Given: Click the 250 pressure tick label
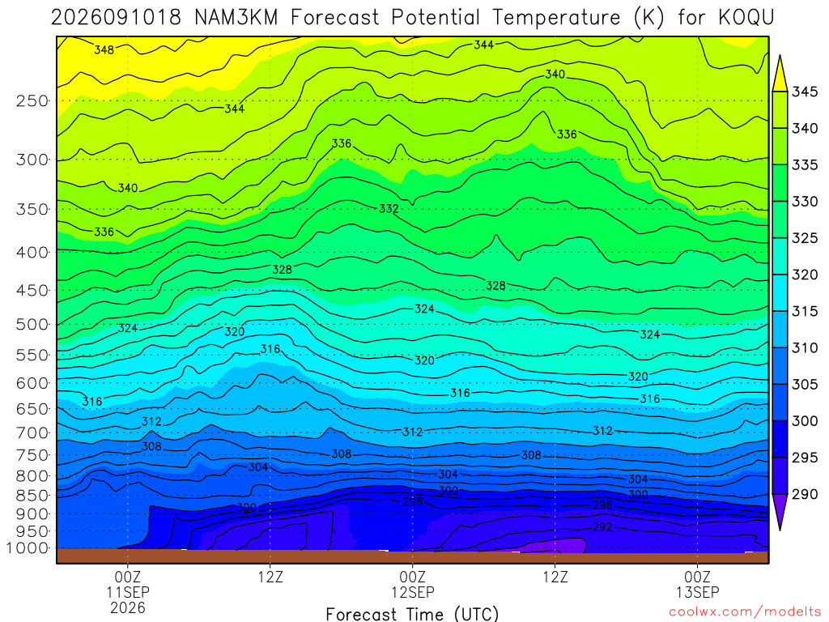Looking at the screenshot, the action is click(32, 100).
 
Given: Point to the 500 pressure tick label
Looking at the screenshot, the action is click(32, 324).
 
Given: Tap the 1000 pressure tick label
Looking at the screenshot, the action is click(28, 548).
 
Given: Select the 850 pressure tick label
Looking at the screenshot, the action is click(32, 496).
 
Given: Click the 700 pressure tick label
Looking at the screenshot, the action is click(32, 432).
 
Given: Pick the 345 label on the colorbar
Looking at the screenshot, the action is click(805, 92).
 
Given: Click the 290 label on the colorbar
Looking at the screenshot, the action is click(805, 494).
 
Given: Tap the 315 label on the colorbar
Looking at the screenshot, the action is click(805, 311).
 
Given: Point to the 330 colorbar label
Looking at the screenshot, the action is click(805, 202).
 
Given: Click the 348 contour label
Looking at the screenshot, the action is click(104, 49).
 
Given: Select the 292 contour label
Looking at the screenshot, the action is click(602, 526).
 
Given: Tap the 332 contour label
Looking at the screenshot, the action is click(389, 208).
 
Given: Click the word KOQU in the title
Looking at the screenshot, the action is click(746, 18).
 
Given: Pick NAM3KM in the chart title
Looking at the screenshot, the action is click(236, 18).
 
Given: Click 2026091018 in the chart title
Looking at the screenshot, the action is click(117, 18).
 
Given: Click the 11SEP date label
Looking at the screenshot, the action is click(128, 592).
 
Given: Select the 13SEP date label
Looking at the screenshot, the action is click(698, 592).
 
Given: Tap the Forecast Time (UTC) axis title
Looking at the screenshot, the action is click(412, 614).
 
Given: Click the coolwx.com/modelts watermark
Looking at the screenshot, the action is click(745, 611).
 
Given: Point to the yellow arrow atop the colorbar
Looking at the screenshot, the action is click(780, 74).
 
